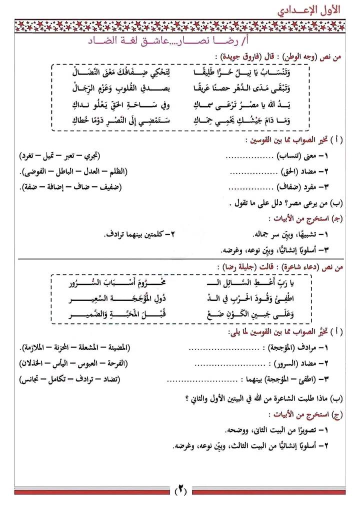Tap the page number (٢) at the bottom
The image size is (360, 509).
(x=180, y=490)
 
